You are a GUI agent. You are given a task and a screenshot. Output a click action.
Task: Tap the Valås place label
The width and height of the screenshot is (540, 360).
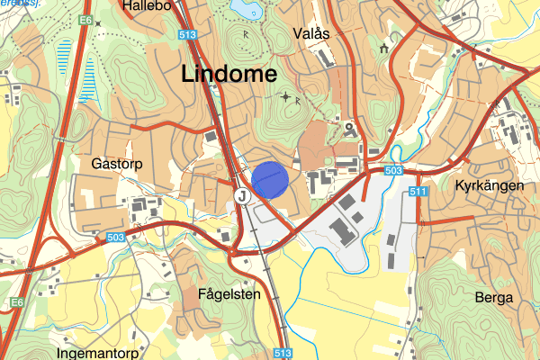click(x=312, y=33)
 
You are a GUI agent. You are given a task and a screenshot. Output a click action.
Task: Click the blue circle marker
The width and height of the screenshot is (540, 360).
click(x=269, y=179)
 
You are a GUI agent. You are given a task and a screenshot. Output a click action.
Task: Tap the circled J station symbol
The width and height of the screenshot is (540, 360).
click(x=240, y=194)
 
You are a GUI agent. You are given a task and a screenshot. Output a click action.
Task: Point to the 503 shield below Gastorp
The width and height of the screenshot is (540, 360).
click(x=114, y=237)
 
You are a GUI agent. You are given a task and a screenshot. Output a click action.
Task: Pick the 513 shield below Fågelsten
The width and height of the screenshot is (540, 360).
click(x=283, y=354)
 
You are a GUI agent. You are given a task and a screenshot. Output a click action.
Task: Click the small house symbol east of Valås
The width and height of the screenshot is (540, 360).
click(x=384, y=48)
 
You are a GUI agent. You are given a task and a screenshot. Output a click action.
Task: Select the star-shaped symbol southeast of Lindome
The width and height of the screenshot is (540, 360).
click(x=286, y=96)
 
